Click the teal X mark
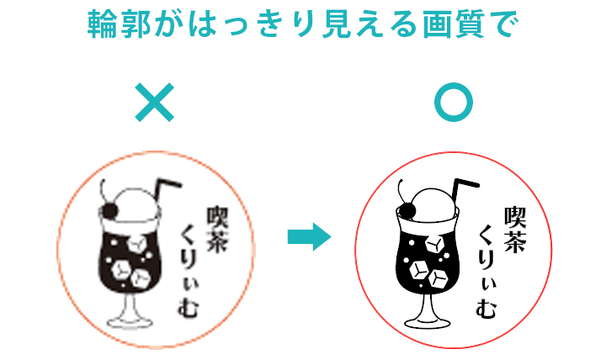click(155, 103)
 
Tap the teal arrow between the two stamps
click(309, 237)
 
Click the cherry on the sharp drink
click(407, 211)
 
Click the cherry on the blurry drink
click(109, 211)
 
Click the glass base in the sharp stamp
click(428, 322)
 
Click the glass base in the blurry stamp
click(130, 322)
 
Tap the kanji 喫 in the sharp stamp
click(515, 217)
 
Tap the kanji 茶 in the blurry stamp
click(217, 241)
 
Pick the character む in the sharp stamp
click(486, 308)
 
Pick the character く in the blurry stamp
click(189, 234)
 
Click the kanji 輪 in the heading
click(102, 24)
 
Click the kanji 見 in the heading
click(336, 24)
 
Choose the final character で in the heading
click(503, 24)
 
